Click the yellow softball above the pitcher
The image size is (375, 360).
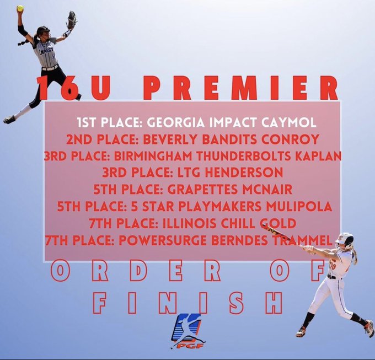pyautogui.click(x=20, y=8)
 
